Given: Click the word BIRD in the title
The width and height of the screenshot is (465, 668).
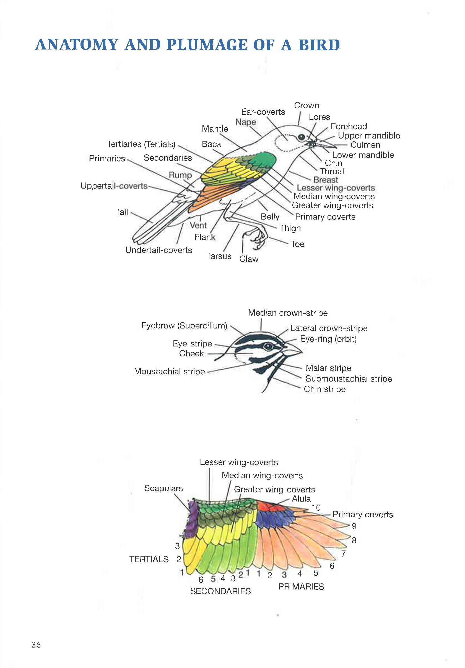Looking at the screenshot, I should pos(319,45).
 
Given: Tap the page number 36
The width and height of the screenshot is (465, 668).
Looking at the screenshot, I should pos(36,644).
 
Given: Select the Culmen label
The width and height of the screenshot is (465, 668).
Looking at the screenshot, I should pos(365,145).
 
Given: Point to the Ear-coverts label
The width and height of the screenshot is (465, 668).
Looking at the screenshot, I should pos(263,112).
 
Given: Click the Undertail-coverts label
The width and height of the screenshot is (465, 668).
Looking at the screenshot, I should pos(158,250).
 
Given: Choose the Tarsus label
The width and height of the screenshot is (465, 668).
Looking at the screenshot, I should pos(219,256).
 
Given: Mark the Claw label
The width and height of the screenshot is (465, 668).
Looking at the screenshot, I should pos(249,259).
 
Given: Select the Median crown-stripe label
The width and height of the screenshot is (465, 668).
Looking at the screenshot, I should pos(287,313).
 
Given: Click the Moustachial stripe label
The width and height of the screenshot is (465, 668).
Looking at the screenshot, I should pos(169,372).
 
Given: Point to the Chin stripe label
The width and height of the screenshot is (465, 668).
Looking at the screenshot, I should pos(325,389).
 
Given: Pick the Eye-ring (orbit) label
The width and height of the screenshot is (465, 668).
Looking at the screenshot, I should pos(328,339).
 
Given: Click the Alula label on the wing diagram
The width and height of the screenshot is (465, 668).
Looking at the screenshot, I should pos(301,499).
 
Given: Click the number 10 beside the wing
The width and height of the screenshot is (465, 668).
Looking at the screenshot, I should pos(316,508).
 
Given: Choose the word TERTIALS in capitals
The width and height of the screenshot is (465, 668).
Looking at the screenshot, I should pos(149,559).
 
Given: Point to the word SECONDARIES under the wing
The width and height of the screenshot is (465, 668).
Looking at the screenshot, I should pos(220,591).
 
